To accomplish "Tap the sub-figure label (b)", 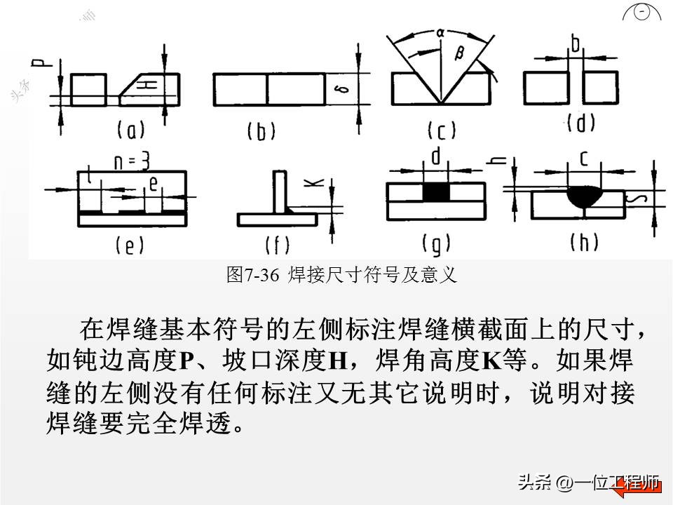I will (x=261, y=131).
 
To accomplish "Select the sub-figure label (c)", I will (x=442, y=131).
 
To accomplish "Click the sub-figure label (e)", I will (x=130, y=245).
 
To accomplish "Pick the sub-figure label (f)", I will (x=278, y=245).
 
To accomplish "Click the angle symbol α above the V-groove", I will (x=440, y=32).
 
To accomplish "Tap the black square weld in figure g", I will (x=435, y=191).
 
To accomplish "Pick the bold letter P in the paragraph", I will (x=186, y=361).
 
